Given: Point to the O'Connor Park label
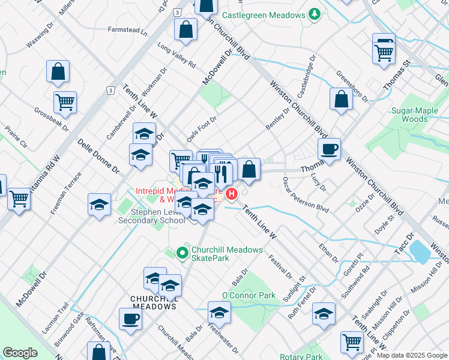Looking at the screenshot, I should (249, 295).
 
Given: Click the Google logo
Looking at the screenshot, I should (20, 353).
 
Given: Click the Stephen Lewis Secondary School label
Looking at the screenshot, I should (152, 216).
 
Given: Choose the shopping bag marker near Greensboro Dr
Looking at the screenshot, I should (341, 99).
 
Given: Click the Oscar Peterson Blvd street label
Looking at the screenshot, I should (306, 194).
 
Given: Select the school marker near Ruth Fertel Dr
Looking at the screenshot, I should (324, 314).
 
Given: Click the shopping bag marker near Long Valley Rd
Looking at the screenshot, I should (186, 29).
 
